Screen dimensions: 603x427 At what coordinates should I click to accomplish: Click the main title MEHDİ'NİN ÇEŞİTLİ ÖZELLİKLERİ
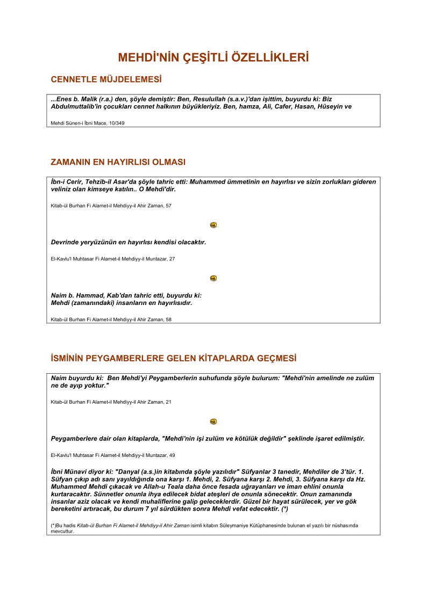click(213, 57)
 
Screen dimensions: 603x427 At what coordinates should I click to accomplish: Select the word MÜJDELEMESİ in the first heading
click(131, 79)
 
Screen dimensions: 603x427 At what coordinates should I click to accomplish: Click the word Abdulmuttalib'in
click(78, 106)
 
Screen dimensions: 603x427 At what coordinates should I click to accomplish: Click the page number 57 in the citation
click(168, 206)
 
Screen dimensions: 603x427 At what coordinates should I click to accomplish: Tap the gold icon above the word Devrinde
click(213, 225)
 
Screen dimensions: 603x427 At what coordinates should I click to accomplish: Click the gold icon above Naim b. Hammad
click(213, 278)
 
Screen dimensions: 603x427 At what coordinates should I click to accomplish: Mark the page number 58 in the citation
click(168, 319)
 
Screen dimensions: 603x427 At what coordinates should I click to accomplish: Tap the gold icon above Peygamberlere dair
click(213, 422)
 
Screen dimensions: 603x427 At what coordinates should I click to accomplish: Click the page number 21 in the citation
click(168, 402)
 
